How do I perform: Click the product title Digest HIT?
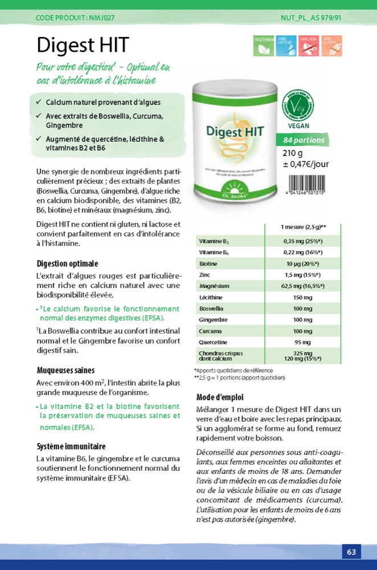83,45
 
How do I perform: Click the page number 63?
351,552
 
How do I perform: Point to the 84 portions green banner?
304,140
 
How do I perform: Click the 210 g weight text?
293,153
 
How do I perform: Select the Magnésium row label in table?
214,286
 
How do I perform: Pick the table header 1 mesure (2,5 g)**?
303,227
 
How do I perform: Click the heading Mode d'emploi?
220,397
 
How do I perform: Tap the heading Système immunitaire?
71,446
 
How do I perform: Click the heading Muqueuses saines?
65,370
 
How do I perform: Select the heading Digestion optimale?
67,264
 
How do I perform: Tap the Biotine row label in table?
208,264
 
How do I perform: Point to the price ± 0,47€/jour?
306,164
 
